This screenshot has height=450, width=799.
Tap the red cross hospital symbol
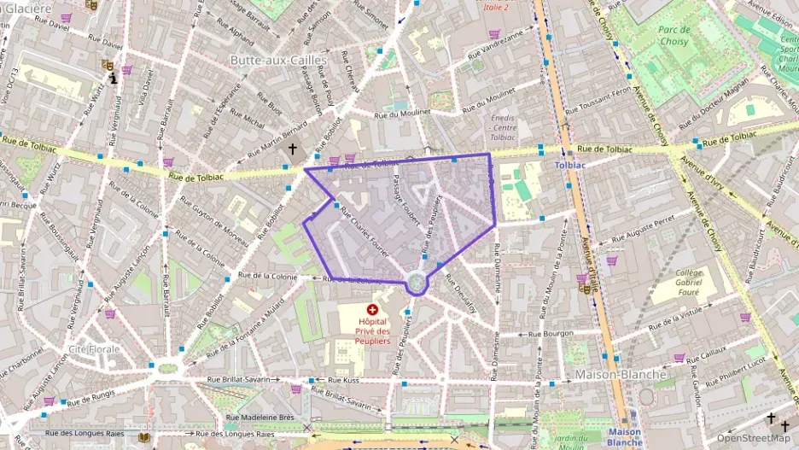tap(372, 309)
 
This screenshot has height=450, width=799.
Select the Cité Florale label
tap(94, 350)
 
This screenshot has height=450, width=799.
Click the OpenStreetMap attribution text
tap(753, 438)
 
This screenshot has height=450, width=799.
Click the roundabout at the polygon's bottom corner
tap(416, 282)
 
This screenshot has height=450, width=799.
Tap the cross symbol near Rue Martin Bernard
tap(293, 149)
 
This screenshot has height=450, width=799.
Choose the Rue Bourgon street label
tap(551, 334)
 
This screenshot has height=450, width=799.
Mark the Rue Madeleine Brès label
tap(260, 418)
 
